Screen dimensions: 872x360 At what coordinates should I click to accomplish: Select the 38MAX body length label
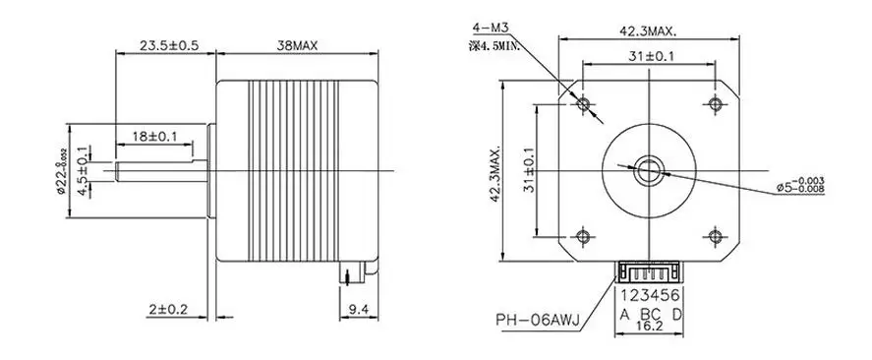297,45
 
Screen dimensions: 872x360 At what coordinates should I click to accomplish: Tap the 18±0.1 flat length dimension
154,136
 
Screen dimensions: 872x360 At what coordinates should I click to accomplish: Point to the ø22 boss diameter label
62,171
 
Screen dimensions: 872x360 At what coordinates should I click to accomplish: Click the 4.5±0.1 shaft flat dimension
83,171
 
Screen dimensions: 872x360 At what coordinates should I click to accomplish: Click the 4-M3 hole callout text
491,28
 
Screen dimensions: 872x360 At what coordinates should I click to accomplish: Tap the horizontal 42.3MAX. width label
649,32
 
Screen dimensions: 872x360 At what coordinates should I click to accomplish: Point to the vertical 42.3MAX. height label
495,172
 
